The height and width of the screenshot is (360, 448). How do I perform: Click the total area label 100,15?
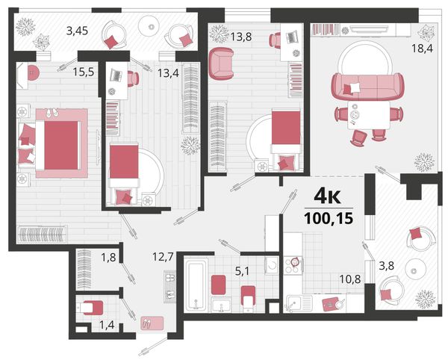tap(329, 219)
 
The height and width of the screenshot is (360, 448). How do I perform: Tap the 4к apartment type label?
tap(328, 196)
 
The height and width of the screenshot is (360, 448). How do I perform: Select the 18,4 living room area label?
tap(422, 49)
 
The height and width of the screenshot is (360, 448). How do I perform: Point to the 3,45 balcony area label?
tap(77, 31)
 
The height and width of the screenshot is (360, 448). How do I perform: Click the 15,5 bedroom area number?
tap(84, 72)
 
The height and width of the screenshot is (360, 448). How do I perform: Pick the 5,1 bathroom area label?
tap(241, 271)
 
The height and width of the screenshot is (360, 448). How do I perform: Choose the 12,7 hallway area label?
tap(163, 257)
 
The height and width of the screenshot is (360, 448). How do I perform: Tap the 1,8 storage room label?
tap(108, 258)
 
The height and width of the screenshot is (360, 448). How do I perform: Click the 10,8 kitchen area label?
tap(350, 279)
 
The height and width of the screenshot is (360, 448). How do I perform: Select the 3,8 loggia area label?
tap(386, 267)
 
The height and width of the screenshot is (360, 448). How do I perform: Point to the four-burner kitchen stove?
tap(293, 265)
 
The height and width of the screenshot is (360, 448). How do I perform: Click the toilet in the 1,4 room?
tap(90, 308)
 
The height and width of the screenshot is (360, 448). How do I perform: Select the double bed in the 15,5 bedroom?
tap(58, 145)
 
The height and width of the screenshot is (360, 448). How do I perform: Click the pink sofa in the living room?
tap(367, 87)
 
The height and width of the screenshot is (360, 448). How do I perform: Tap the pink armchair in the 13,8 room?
tap(221, 63)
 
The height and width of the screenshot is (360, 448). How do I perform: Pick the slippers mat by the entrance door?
tap(152, 323)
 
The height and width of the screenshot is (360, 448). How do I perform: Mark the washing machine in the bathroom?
tap(272, 265)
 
